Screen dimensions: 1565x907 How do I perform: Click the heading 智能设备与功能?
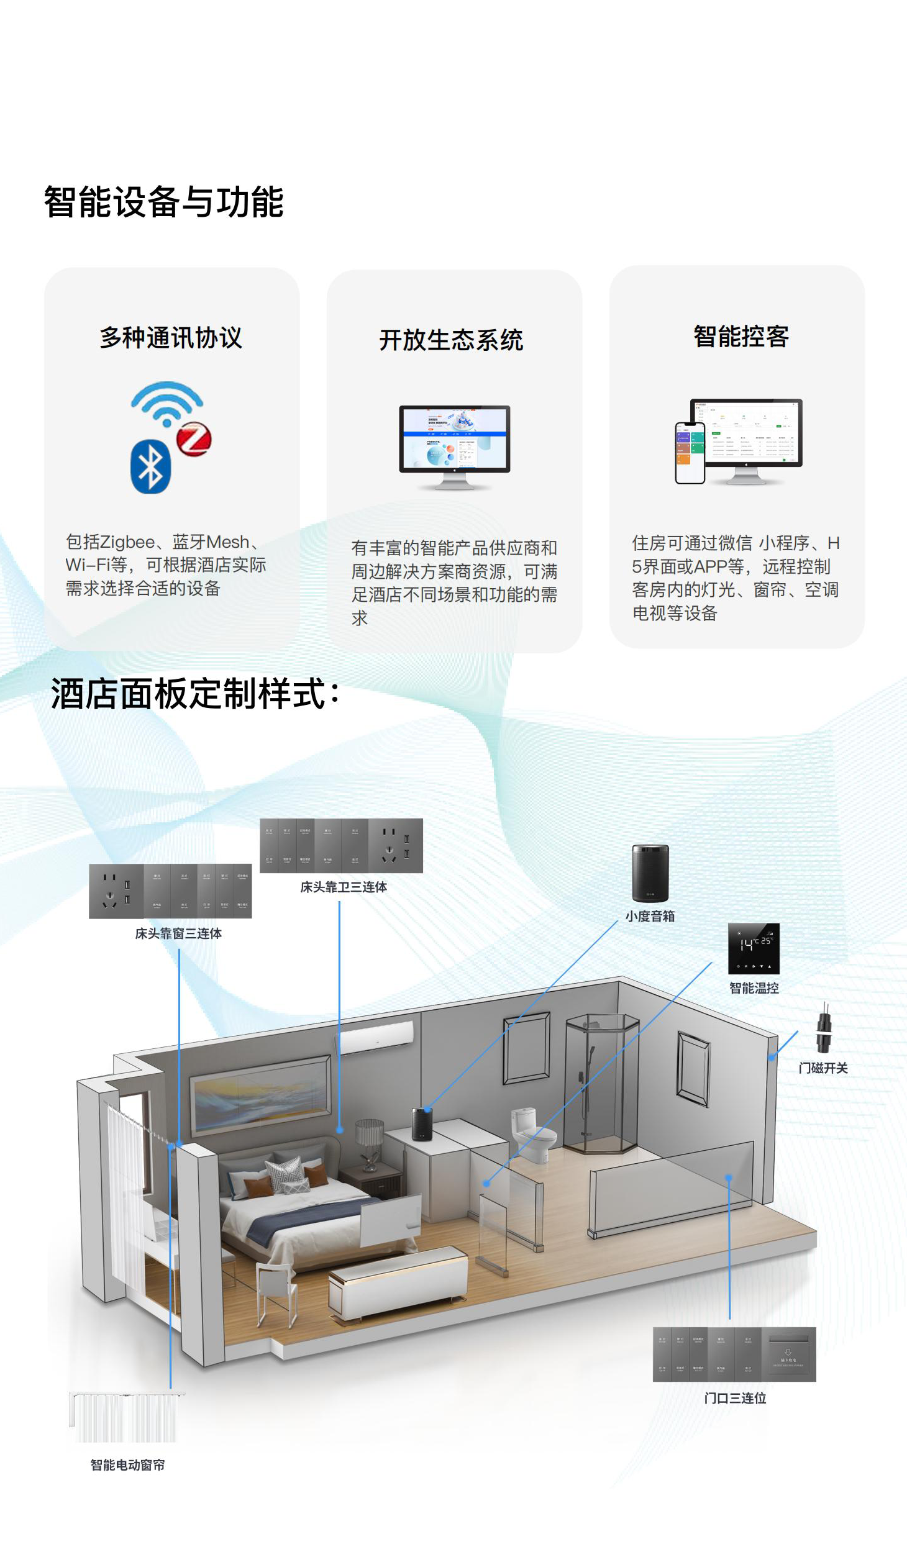[x=163, y=202]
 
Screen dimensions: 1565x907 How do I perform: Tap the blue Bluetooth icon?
[x=150, y=466]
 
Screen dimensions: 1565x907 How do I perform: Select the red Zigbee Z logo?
[x=194, y=439]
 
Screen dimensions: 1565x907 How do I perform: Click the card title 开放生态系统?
[x=451, y=340]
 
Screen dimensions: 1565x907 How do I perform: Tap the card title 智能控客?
[x=741, y=337]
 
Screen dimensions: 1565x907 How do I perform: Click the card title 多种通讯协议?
[x=171, y=338]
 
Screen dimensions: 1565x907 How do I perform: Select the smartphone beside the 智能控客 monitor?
[x=690, y=452]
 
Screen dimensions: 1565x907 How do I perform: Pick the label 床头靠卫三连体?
[x=344, y=887]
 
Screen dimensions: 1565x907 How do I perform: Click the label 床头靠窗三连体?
[x=178, y=933]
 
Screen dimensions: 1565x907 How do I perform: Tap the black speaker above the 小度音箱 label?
[x=650, y=873]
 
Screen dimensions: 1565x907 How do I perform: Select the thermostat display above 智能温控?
[x=754, y=948]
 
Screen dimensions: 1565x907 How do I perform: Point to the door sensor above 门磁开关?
[x=823, y=1029]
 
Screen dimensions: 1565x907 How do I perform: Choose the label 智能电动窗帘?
[x=127, y=1465]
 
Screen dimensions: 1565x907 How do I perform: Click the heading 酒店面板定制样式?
[x=194, y=694]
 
